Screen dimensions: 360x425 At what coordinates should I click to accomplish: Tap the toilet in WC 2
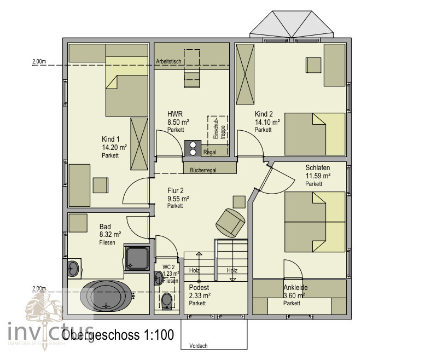tap(167, 299)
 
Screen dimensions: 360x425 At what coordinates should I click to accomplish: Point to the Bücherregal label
tap(203, 170)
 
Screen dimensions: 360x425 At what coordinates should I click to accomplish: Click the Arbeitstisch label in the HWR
tap(168, 62)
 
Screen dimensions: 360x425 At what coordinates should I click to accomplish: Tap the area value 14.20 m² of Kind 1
tap(114, 147)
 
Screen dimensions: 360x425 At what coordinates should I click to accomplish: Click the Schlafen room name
tap(317, 168)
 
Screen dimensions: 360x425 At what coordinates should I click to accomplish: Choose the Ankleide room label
tap(296, 288)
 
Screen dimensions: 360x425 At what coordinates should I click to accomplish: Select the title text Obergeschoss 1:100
tap(118, 335)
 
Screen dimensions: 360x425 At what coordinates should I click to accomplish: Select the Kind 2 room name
tap(264, 114)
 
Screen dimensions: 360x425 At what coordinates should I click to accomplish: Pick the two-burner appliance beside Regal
tap(193, 148)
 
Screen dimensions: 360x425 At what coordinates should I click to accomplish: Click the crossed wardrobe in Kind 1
tap(139, 144)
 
